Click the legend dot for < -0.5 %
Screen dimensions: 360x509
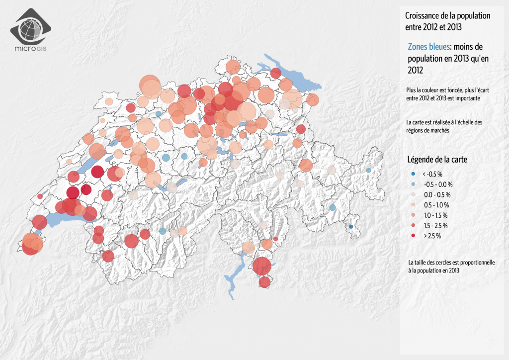413,174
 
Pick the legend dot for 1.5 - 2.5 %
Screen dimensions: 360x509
413,226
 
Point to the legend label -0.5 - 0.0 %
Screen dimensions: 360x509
437,184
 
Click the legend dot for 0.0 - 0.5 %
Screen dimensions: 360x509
413,194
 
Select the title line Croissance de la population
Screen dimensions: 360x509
448,16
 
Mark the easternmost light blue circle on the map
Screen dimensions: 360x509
368,170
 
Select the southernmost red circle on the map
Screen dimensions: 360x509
264,282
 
